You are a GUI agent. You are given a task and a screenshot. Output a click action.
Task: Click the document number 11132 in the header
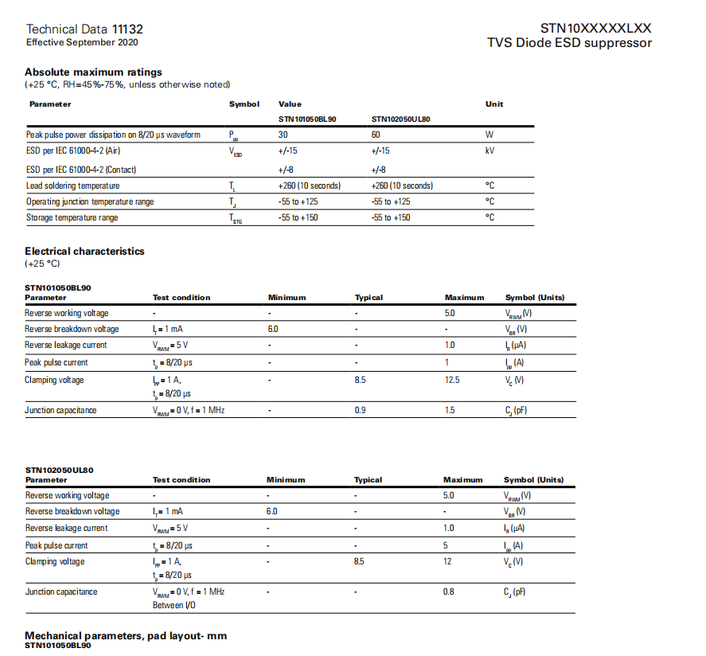click(x=127, y=29)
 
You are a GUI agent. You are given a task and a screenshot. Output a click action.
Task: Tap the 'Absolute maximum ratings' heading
click(x=93, y=72)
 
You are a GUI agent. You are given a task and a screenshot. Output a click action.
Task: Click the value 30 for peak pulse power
click(x=283, y=135)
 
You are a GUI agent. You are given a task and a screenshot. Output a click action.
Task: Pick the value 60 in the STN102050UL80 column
click(x=376, y=135)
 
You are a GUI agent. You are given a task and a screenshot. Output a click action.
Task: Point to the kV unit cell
click(x=490, y=150)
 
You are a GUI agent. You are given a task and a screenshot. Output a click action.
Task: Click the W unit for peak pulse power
click(x=489, y=135)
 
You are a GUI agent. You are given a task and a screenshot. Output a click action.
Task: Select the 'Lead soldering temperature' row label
click(x=72, y=185)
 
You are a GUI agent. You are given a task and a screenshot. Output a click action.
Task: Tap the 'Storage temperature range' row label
click(x=72, y=217)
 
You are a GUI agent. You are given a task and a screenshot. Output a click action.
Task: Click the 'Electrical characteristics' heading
click(x=84, y=252)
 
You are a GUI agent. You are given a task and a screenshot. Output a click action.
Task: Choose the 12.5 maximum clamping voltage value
click(x=452, y=380)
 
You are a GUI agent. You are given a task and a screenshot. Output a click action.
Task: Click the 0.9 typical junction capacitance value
click(x=360, y=410)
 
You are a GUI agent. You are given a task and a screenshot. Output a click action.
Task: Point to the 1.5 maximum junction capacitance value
click(x=451, y=410)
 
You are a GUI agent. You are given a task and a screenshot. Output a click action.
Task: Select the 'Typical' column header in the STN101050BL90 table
click(x=369, y=298)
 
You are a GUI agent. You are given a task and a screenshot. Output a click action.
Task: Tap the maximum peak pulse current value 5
click(x=446, y=545)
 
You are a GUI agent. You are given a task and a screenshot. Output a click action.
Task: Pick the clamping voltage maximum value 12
click(x=447, y=561)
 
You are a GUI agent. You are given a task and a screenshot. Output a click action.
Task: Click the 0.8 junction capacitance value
click(x=448, y=592)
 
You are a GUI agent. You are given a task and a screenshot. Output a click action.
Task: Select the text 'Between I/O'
click(x=174, y=605)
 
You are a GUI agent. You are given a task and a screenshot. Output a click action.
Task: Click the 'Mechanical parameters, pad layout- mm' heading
click(x=127, y=635)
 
